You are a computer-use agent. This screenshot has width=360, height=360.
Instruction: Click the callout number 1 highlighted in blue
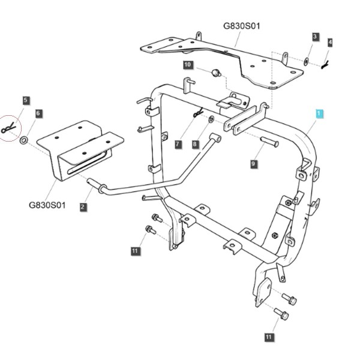click(x=319, y=114)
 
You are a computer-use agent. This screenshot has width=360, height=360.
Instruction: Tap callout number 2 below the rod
click(x=83, y=207)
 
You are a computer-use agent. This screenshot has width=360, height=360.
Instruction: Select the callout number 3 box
click(x=316, y=37)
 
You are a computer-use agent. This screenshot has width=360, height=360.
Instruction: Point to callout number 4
click(x=330, y=43)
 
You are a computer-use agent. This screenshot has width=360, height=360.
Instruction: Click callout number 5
click(x=26, y=101)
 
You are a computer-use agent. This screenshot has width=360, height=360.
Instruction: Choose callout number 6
click(x=38, y=113)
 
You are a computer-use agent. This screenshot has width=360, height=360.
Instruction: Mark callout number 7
click(x=178, y=145)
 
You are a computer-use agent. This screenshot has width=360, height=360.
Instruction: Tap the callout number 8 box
click(x=195, y=145)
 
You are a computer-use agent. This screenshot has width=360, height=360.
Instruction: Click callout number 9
click(x=253, y=164)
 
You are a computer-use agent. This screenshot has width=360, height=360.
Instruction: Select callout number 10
click(x=188, y=65)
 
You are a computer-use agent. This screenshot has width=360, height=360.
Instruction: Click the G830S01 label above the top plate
click(x=242, y=26)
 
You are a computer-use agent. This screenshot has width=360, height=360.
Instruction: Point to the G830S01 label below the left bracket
click(x=47, y=205)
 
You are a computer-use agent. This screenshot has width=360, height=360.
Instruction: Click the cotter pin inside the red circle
click(x=8, y=128)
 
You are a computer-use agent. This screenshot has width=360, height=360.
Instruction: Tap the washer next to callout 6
click(x=23, y=140)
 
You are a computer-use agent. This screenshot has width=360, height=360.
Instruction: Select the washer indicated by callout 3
click(x=306, y=62)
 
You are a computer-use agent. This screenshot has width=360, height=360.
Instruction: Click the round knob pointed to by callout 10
click(x=216, y=73)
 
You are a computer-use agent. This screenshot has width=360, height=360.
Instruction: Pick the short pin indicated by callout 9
click(x=269, y=141)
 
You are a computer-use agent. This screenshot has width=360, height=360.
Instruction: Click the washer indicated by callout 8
click(x=211, y=119)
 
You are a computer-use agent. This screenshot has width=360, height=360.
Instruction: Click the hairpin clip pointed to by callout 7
click(x=198, y=112)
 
